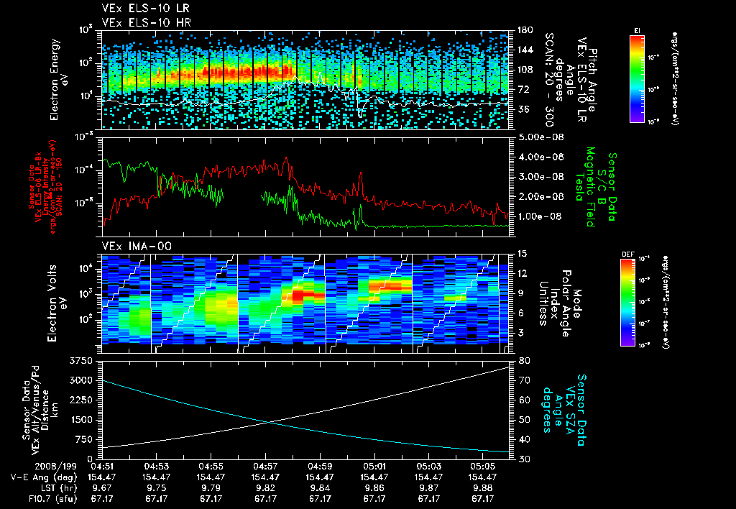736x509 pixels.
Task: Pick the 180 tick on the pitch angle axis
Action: [x=524, y=29]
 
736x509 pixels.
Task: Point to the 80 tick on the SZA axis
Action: [x=523, y=360]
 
